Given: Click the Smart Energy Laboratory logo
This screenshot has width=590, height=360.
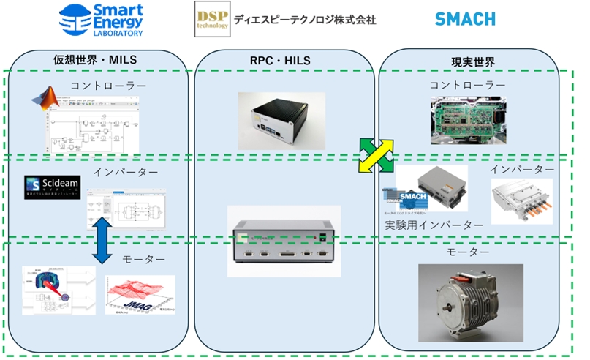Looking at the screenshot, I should pos(100,20).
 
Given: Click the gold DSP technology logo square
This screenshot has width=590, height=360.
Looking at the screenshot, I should pos(212,20).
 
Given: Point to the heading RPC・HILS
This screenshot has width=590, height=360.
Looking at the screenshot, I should pos(285,59).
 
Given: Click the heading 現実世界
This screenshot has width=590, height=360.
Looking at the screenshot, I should pos(466,59).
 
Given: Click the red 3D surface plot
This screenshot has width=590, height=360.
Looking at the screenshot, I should pos(141,294).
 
